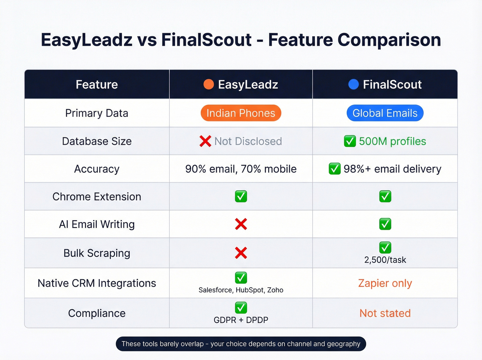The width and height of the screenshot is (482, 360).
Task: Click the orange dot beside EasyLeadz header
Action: (x=209, y=84)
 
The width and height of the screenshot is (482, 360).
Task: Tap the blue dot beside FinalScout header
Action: (x=354, y=84)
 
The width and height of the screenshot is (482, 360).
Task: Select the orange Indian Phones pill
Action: (x=241, y=113)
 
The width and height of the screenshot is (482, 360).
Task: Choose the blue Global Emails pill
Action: (x=385, y=113)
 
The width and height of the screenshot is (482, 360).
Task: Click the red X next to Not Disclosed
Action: (x=205, y=141)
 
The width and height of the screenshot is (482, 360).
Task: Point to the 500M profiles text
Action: (x=392, y=141)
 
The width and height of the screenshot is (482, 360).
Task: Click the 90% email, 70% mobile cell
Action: (x=241, y=169)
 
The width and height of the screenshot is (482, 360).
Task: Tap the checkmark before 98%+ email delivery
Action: (x=335, y=169)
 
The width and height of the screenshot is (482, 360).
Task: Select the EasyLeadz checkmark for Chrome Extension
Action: (x=241, y=196)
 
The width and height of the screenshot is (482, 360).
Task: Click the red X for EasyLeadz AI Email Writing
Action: (x=241, y=224)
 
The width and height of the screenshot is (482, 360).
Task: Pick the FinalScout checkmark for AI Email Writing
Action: (x=385, y=224)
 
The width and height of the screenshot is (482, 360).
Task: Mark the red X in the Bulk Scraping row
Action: (x=241, y=253)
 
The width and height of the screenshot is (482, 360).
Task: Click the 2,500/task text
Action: (x=385, y=260)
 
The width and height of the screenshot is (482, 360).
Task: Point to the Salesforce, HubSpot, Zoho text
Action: (x=241, y=290)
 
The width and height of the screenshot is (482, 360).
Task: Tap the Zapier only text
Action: (x=385, y=283)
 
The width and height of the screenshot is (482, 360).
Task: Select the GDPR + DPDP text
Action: (x=241, y=320)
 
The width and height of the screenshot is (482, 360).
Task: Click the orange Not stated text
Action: (x=385, y=313)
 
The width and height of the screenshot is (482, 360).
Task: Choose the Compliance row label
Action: (x=97, y=313)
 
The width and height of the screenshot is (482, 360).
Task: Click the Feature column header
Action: (x=97, y=84)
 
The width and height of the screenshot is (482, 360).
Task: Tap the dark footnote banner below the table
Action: (x=241, y=344)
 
